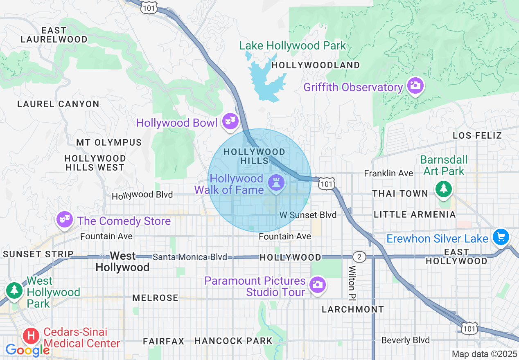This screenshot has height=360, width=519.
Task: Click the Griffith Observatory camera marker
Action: pyautogui.click(x=415, y=85)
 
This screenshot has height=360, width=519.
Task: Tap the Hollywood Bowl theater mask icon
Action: pyautogui.click(x=230, y=121)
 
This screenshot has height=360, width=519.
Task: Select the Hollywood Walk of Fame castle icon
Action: pyautogui.click(x=275, y=183)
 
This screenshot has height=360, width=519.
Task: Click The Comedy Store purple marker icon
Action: pyautogui.click(x=65, y=219)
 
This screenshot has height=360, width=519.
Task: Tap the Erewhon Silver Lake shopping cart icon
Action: pyautogui.click(x=500, y=237)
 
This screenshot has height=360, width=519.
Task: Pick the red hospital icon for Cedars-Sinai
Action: pyautogui.click(x=31, y=336)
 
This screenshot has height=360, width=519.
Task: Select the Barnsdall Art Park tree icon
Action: pyautogui.click(x=443, y=188)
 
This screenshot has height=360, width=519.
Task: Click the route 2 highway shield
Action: pyautogui.click(x=359, y=257)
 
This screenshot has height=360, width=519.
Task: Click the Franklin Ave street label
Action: pyautogui.click(x=388, y=173)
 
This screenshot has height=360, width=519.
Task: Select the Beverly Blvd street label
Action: pyautogui.click(x=405, y=340)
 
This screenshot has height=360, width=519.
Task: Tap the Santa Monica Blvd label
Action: pyautogui.click(x=190, y=257)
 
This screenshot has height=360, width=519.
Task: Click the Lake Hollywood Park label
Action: pyautogui.click(x=293, y=45)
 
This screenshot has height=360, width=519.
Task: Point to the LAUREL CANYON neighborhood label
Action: pyautogui.click(x=58, y=104)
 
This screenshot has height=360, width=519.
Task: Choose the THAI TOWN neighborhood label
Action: pyautogui.click(x=400, y=193)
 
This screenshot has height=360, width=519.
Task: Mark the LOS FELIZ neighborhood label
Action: pyautogui.click(x=477, y=135)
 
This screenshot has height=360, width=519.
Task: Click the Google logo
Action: pyautogui.click(x=27, y=350)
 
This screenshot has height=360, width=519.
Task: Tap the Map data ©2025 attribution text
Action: pyautogui.click(x=483, y=354)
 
